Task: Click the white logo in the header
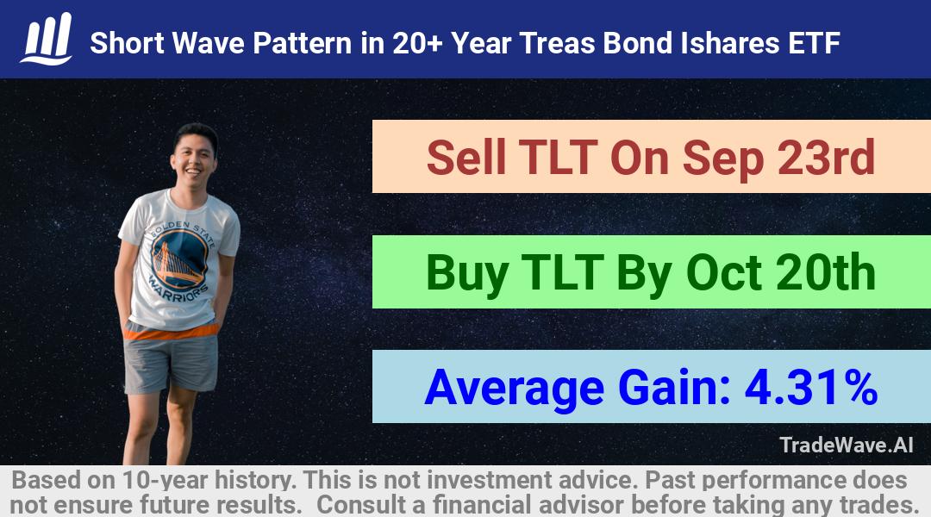click(x=47, y=38)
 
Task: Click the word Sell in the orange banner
click(x=466, y=158)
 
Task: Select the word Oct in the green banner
click(x=723, y=272)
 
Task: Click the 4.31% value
click(x=811, y=387)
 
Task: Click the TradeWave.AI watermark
click(x=847, y=445)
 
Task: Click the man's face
click(x=193, y=158)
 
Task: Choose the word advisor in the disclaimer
click(x=581, y=505)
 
